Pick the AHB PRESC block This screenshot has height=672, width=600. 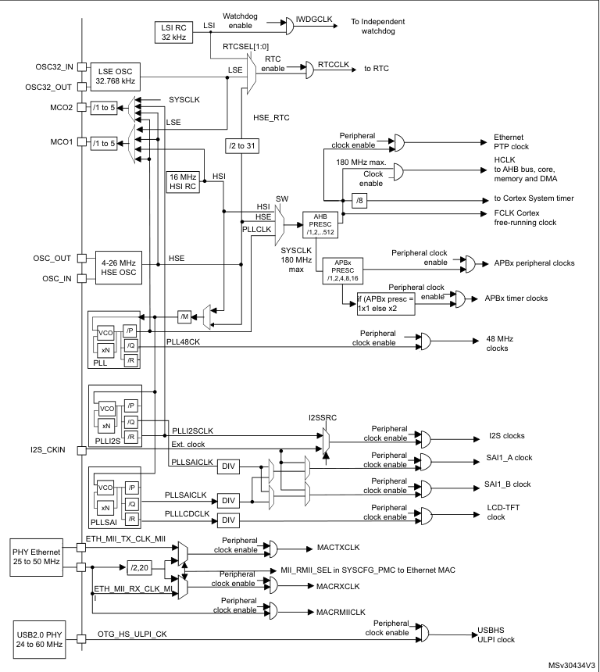(321, 223)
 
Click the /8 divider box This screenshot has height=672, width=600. (359, 198)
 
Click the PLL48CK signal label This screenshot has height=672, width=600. (184, 341)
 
